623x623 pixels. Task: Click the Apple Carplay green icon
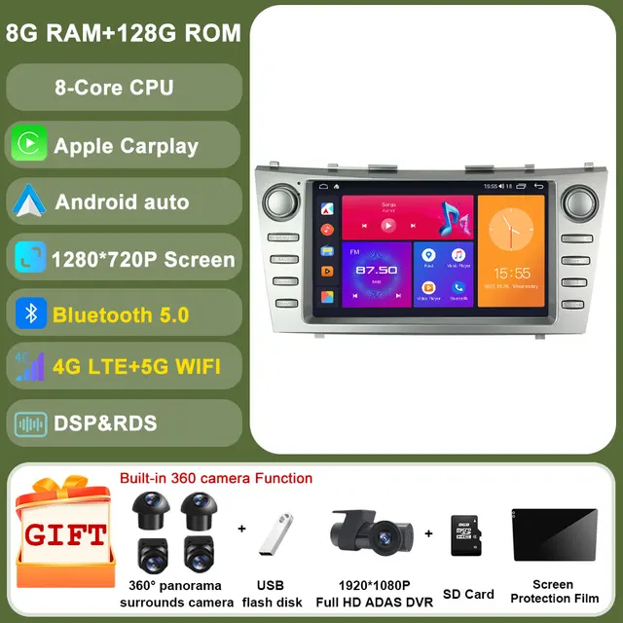click(28, 145)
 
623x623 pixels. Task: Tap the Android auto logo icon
click(28, 202)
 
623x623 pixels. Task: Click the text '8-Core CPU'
click(114, 87)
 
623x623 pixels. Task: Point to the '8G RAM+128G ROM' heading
click(123, 31)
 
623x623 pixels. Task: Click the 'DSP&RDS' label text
click(105, 422)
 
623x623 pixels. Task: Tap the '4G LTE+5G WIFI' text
click(137, 366)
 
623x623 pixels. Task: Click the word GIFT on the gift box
click(66, 534)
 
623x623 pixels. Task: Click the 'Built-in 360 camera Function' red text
click(216, 478)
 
